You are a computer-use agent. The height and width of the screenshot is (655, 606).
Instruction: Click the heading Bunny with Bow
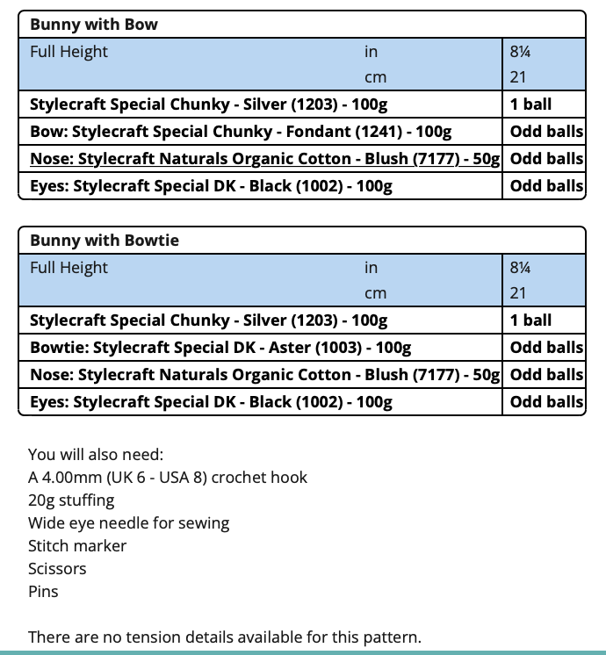tap(94, 25)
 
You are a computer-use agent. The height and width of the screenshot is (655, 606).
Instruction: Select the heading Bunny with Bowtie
tap(105, 241)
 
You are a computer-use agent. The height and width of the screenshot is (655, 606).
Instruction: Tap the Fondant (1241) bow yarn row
tap(241, 132)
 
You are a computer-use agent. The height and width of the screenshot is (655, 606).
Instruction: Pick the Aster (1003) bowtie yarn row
tap(220, 348)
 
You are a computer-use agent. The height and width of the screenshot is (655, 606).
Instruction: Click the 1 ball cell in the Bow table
tap(530, 104)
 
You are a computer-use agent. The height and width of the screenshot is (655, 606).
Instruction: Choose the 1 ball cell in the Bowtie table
tap(530, 320)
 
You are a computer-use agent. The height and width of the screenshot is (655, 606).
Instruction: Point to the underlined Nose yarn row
tap(264, 159)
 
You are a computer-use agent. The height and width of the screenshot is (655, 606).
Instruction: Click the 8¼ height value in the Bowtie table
tap(520, 268)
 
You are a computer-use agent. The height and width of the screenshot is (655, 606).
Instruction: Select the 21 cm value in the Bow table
tap(518, 77)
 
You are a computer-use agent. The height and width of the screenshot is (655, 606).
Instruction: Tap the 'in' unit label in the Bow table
tap(371, 52)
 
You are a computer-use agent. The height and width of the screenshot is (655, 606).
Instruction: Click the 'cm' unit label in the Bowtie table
tap(375, 293)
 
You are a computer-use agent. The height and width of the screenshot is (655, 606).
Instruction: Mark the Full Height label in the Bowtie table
tap(69, 268)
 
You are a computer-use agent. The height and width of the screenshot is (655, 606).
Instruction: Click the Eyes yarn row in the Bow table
tap(211, 186)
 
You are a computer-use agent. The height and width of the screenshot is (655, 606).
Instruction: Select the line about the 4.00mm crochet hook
tap(168, 478)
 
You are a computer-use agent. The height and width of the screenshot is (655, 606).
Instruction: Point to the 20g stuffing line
tap(71, 500)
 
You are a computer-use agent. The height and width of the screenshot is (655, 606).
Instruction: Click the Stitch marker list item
tap(77, 546)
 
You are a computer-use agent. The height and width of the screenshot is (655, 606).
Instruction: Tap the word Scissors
tap(57, 569)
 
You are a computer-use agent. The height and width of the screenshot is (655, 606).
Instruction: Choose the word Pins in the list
tap(43, 592)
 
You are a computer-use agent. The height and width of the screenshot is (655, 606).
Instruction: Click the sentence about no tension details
tap(224, 637)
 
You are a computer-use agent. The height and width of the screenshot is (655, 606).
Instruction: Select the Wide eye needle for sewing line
tap(128, 523)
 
